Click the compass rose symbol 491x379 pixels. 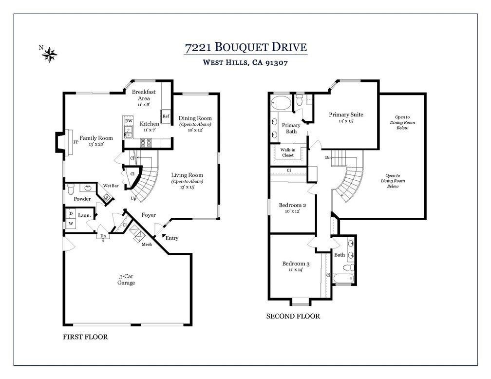pos(50,55)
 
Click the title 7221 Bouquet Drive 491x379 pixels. pos(245,47)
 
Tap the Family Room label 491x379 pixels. pos(96,138)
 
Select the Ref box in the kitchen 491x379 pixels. pos(166,116)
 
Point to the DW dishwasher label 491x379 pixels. pos(129,121)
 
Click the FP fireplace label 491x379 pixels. pos(76,142)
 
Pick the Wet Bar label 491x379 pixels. pos(111,186)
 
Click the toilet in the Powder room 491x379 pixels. pos(71,189)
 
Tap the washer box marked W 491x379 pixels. pos(71,224)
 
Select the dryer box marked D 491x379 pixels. pos(71,214)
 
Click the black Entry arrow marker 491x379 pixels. pos(164,236)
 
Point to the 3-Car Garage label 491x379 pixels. pos(126,280)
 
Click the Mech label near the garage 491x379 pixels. pos(147,245)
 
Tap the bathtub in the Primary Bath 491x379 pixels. pos(281,102)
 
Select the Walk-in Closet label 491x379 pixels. pos(288,152)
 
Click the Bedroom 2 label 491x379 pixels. pos(292,206)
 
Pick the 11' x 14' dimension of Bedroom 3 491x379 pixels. pos(296,269)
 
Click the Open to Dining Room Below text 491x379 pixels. pos(402,122)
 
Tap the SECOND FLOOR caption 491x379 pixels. pos(293,316)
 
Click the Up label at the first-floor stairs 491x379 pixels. pos(133,199)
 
